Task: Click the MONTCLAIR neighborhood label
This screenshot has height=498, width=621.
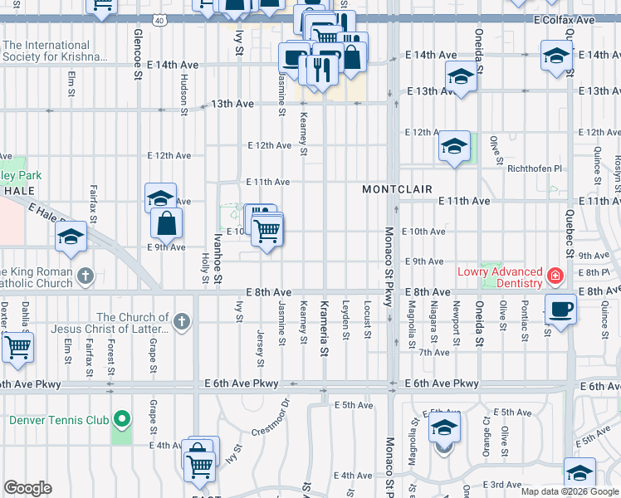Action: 397,189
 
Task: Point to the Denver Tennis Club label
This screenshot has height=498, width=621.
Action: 56,419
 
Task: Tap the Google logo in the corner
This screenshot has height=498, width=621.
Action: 27,488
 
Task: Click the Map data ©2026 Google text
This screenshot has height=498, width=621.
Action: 570,491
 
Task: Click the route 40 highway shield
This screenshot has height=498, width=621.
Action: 171,17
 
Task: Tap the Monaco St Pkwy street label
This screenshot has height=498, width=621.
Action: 388,266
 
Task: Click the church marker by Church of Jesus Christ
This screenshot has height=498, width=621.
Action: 182,320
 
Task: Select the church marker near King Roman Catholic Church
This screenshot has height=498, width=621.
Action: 85,275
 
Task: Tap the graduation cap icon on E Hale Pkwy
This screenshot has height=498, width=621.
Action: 71,237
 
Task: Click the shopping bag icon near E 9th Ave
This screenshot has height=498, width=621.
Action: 167,222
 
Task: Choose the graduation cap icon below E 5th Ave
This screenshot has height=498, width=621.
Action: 444,428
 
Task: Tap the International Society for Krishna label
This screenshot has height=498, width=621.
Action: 56,51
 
